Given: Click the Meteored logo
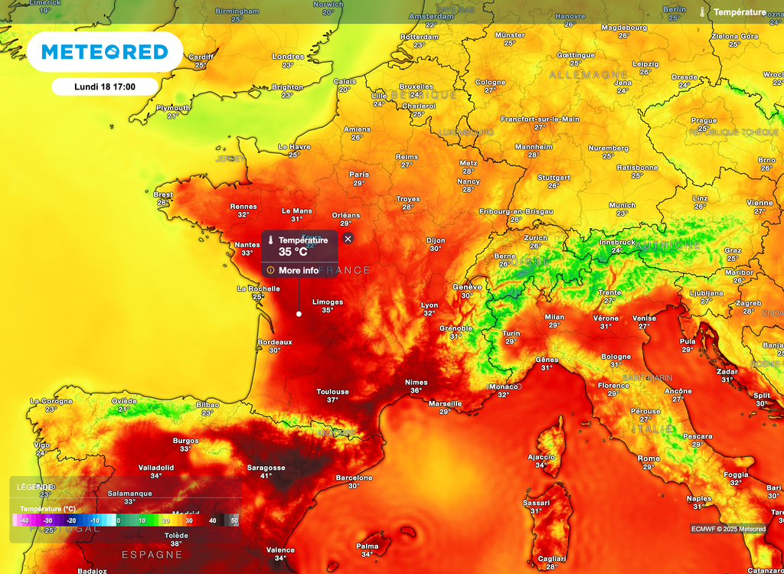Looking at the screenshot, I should pyautogui.click(x=104, y=52).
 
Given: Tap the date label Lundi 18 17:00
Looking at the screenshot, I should pyautogui.click(x=105, y=86).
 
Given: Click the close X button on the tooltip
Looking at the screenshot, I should pyautogui.click(x=348, y=239).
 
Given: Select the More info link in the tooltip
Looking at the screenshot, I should pyautogui.click(x=298, y=270).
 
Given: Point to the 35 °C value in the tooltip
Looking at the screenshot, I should pyautogui.click(x=292, y=251).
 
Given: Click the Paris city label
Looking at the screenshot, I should pyautogui.click(x=358, y=174).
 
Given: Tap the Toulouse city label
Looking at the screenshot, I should pyautogui.click(x=332, y=392).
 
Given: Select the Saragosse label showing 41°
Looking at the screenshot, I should pyautogui.click(x=266, y=468).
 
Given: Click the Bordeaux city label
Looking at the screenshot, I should pyautogui.click(x=274, y=342).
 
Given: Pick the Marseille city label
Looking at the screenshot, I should pyautogui.click(x=445, y=403).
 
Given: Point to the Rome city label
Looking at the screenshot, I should pyautogui.click(x=648, y=458).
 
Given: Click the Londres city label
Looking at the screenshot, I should pyautogui.click(x=288, y=57).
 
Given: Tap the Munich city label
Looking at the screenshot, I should pyautogui.click(x=622, y=205).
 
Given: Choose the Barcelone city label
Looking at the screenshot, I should pyautogui.click(x=354, y=478).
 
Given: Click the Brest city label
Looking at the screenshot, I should pyautogui.click(x=163, y=194).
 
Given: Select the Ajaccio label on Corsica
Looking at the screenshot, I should pyautogui.click(x=541, y=456).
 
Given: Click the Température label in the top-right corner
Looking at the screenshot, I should pyautogui.click(x=739, y=12).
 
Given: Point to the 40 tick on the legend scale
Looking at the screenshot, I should pyautogui.click(x=213, y=520).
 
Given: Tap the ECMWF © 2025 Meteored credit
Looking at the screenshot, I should pyautogui.click(x=728, y=529).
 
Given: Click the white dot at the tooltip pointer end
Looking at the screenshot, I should pyautogui.click(x=299, y=314).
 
